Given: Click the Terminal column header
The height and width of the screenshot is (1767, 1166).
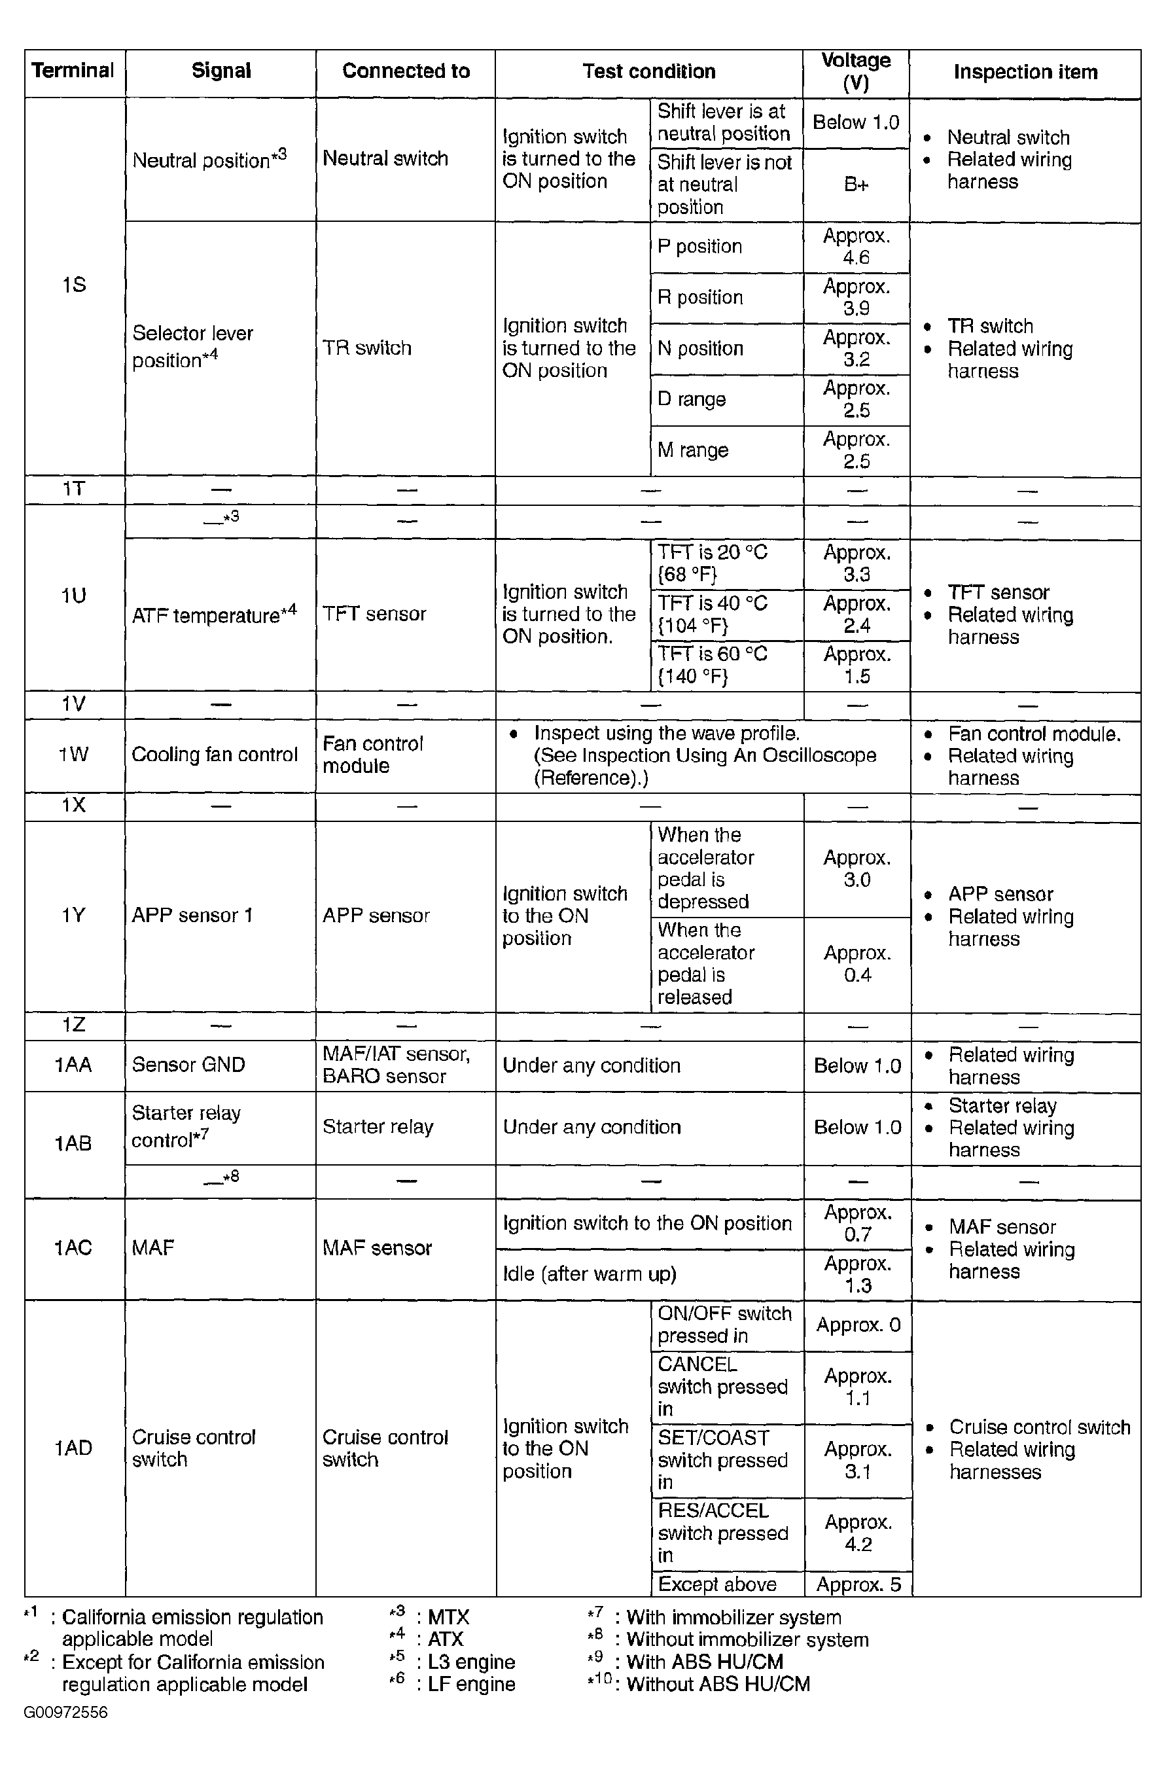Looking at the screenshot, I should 73,71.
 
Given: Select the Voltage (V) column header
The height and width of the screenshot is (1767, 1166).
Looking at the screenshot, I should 855,71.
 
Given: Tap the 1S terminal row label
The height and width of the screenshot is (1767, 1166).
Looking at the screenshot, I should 74,285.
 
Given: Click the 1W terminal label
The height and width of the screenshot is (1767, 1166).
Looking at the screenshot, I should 74,755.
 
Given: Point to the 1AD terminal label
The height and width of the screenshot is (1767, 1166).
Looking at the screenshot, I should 74,1447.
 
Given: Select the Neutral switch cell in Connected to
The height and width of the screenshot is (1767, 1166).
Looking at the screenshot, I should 385,158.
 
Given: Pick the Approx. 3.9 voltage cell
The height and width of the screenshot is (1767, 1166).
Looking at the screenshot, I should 856,298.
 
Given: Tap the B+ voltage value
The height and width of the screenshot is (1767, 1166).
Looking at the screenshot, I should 856,185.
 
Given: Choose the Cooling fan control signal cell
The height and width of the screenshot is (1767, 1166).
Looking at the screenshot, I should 214,755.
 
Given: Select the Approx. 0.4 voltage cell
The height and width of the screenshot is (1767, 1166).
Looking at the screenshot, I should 857,964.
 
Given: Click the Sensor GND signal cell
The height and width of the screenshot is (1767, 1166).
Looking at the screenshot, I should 188,1065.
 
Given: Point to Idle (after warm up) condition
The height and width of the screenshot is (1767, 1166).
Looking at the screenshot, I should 589,1274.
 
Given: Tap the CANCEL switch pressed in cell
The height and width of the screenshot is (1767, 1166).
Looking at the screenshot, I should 722,1386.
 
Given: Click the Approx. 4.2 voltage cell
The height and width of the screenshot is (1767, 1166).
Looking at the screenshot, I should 857,1533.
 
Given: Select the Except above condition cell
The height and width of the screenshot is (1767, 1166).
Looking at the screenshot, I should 717,1584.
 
